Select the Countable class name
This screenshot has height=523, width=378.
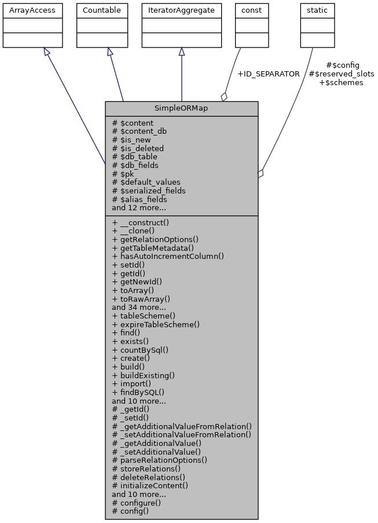coord(102,10)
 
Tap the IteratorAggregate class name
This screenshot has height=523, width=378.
coord(181,10)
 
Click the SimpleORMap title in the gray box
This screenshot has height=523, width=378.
coord(181,108)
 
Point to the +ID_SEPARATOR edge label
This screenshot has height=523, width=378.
coord(269,74)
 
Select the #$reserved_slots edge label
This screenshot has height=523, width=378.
coord(342,74)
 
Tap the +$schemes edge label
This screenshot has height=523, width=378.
coord(342,82)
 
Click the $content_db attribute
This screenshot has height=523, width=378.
coord(139,131)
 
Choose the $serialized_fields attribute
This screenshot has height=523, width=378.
coord(149,191)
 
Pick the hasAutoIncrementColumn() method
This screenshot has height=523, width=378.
coord(168,256)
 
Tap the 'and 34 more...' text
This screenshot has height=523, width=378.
coord(139,308)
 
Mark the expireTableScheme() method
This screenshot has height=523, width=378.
coord(156,324)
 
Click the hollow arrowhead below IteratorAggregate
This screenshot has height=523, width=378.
coord(182,52)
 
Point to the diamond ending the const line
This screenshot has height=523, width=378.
coord(224,97)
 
